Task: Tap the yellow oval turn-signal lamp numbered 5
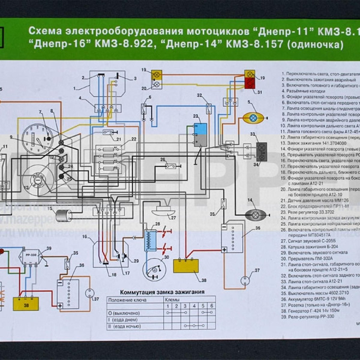(253, 118)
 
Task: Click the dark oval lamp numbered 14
(255, 215)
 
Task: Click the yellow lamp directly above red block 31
(250, 74)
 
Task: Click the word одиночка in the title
(315, 44)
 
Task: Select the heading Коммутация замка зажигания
(162, 292)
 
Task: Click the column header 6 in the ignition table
(211, 306)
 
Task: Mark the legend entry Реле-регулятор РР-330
(311, 316)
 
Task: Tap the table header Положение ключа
(127, 300)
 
